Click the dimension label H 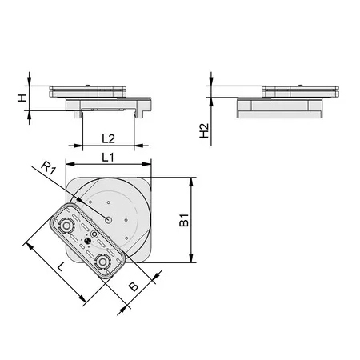pos(22,98)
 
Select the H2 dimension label pos(205,130)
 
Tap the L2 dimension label pos(108,138)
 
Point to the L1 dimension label pos(108,158)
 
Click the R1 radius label pos(49,168)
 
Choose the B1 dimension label pos(184,220)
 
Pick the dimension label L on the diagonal pos(61,266)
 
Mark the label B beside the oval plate pos(134,286)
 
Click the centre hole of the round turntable pos(108,220)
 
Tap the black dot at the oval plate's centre pos(87,241)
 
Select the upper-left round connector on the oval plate pos(66,226)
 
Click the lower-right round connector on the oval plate pos(102,262)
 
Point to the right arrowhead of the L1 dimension pos(147,164)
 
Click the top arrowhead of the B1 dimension pos(191,182)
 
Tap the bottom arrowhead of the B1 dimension pos(191,258)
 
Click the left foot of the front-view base pos(78,114)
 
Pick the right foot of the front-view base pos(138,114)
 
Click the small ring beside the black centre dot pos(94,234)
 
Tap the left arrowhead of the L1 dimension pos(70,164)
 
